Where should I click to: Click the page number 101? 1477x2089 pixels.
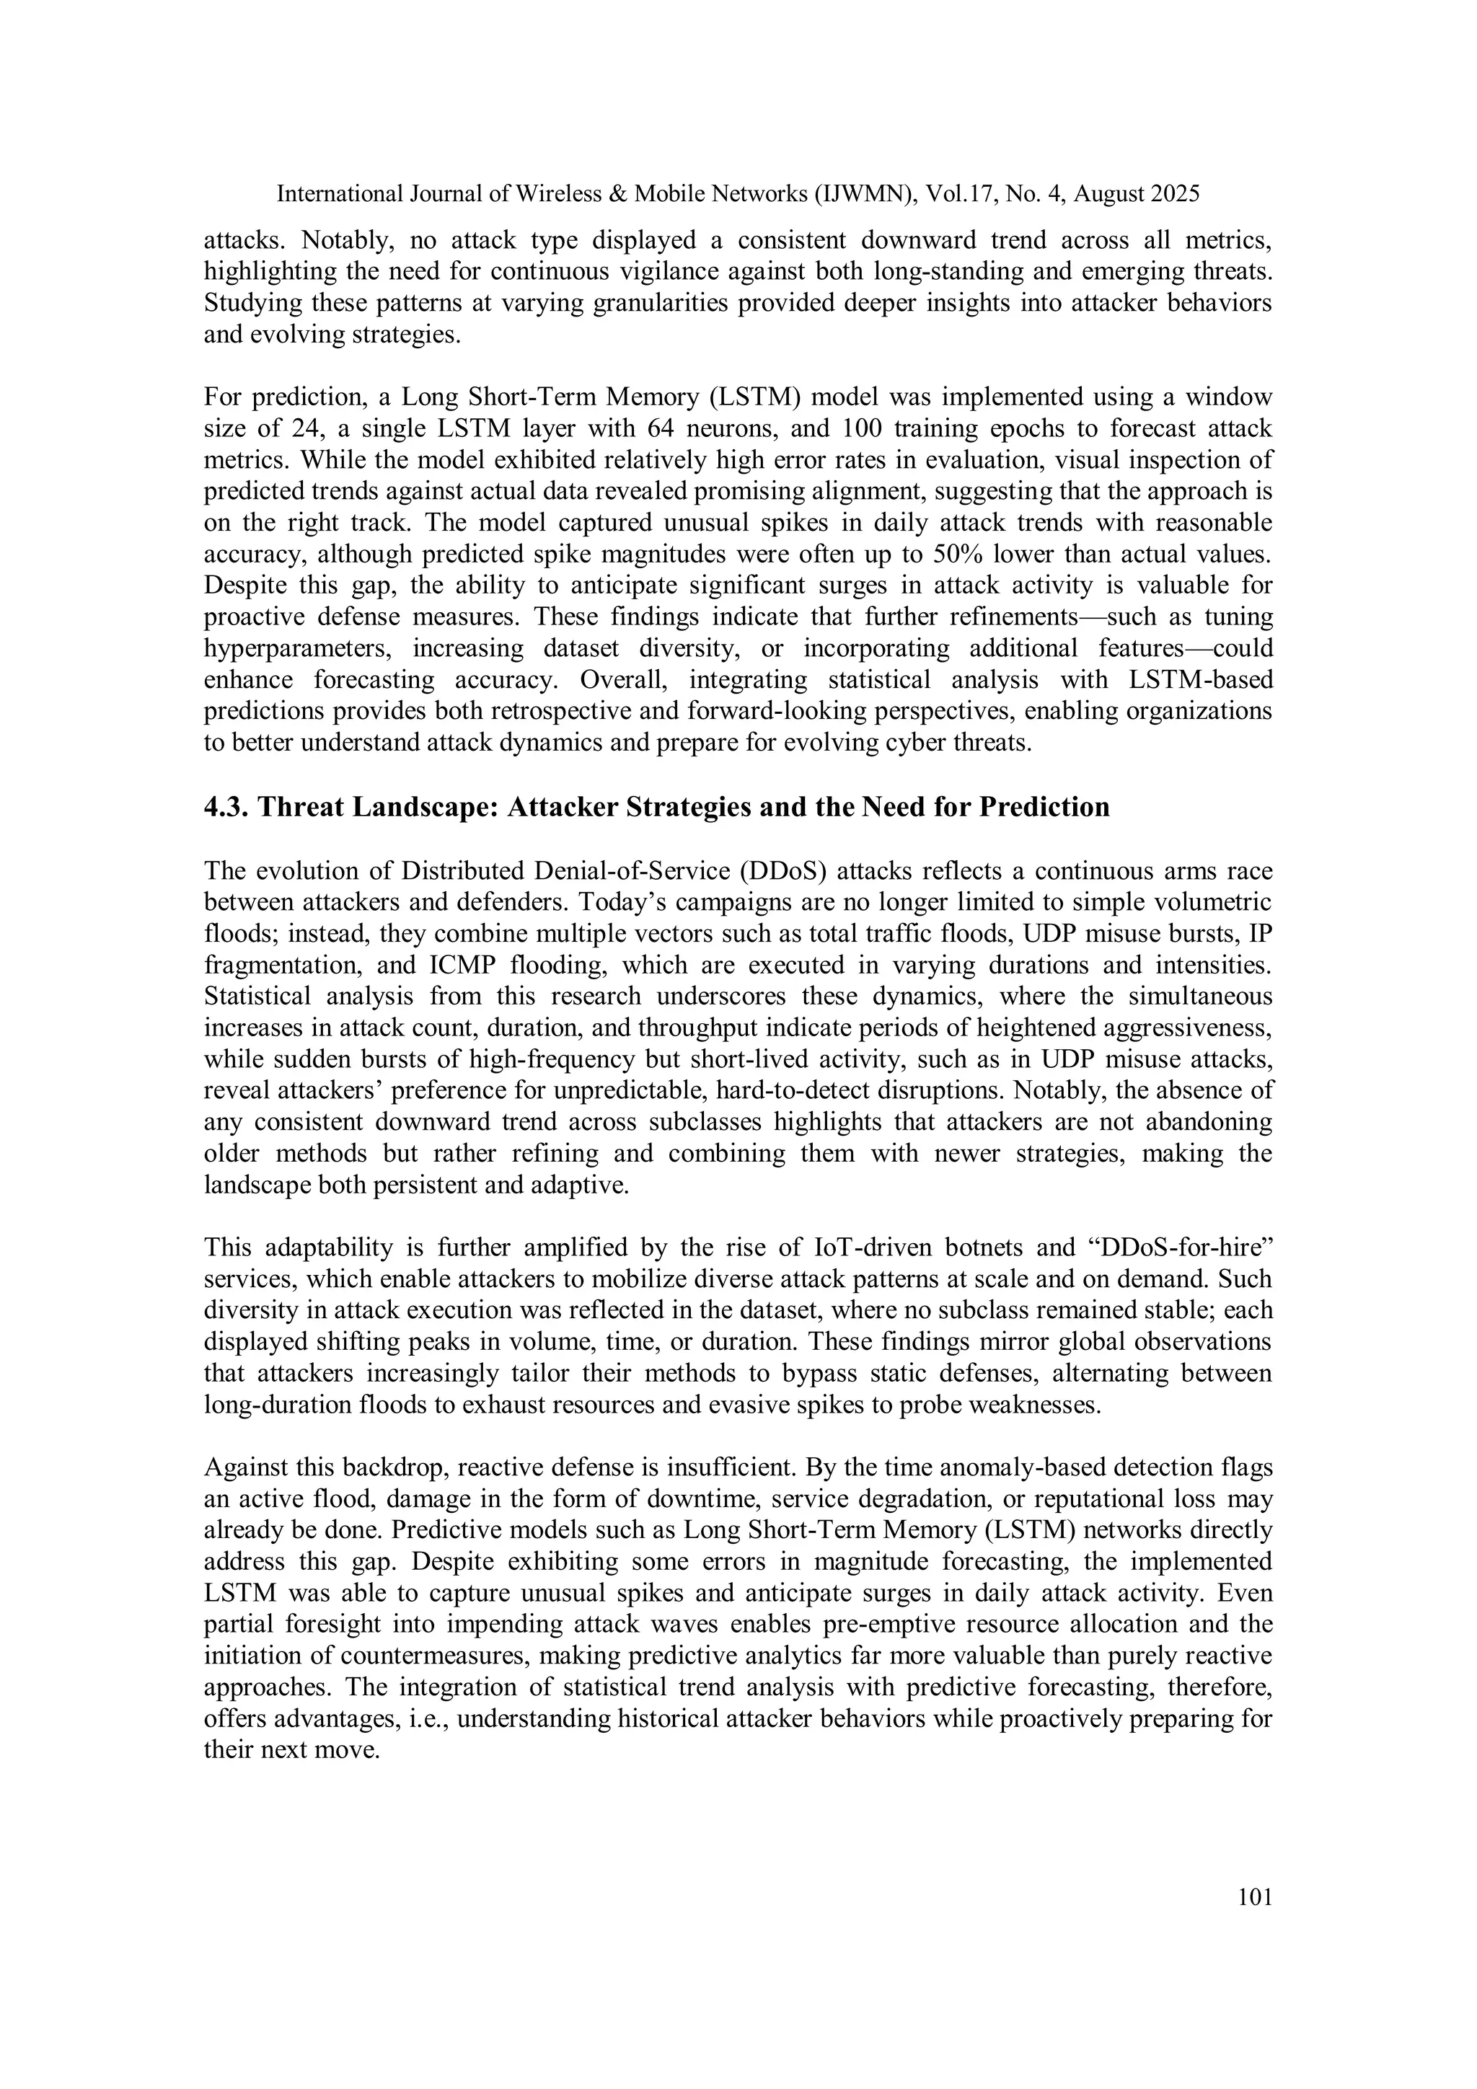click(1255, 1898)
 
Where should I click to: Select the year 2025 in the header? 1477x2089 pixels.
click(1175, 194)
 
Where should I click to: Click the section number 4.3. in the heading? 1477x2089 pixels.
click(227, 807)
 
